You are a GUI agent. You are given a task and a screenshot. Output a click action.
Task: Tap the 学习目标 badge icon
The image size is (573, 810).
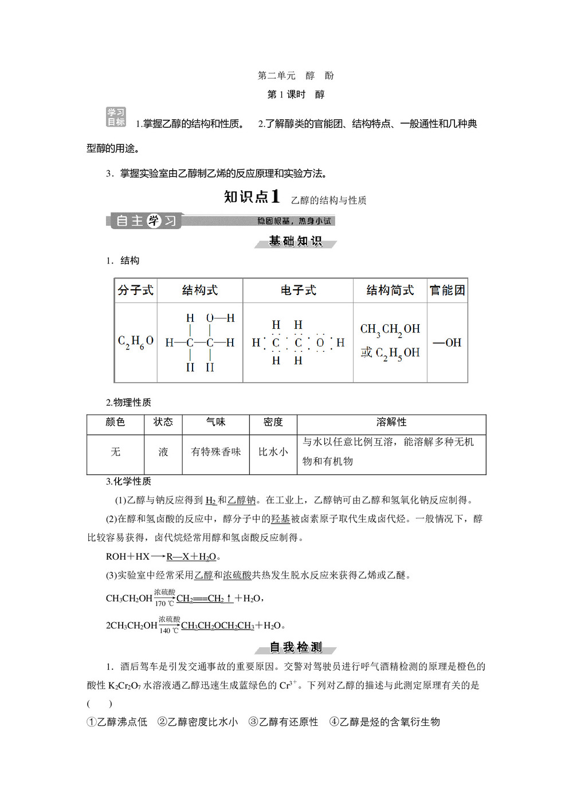pyautogui.click(x=116, y=117)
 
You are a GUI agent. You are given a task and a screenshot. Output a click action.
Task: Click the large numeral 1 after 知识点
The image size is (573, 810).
pyautogui.click(x=275, y=196)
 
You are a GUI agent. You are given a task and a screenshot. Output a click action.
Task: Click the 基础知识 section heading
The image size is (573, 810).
pyautogui.click(x=295, y=242)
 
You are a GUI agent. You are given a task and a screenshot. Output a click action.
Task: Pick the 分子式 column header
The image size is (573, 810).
pyautogui.click(x=136, y=290)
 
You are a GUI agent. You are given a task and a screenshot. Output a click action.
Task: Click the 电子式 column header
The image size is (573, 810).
pyautogui.click(x=298, y=290)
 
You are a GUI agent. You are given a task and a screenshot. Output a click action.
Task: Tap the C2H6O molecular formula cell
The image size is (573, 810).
pyautogui.click(x=136, y=342)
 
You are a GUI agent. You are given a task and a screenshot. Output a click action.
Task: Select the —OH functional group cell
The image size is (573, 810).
pyautogui.click(x=447, y=343)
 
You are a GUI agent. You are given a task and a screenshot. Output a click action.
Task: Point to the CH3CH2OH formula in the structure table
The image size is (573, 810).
pyautogui.click(x=390, y=330)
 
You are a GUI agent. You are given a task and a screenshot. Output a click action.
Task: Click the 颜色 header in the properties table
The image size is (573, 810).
pyautogui.click(x=115, y=422)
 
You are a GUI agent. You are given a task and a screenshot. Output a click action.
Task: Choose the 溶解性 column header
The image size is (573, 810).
pyautogui.click(x=391, y=422)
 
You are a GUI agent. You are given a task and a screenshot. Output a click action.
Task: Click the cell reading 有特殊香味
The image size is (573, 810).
pyautogui.click(x=215, y=452)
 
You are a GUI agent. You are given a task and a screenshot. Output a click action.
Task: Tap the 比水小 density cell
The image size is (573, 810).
pyautogui.click(x=273, y=452)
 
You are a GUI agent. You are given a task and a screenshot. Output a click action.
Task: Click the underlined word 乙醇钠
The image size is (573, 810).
pyautogui.click(x=241, y=500)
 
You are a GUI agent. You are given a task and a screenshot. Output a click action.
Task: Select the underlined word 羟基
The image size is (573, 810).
pyautogui.click(x=280, y=519)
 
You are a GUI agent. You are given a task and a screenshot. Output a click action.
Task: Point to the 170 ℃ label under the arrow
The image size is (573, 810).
pyautogui.click(x=164, y=604)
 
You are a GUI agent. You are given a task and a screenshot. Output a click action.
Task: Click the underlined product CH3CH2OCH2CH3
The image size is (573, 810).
pyautogui.click(x=217, y=626)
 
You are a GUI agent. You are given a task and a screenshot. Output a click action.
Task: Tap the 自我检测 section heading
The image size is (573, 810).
pyautogui.click(x=295, y=647)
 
